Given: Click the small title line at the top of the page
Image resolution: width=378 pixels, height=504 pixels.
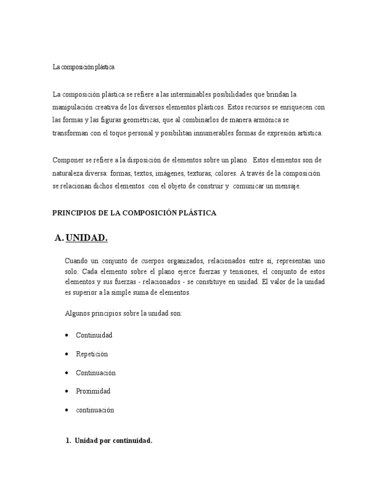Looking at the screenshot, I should pyautogui.click(x=83, y=67).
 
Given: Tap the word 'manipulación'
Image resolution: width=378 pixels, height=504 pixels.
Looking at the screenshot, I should pyautogui.click(x=73, y=107).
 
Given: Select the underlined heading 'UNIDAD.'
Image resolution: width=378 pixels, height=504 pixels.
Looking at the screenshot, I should pyautogui.click(x=87, y=238).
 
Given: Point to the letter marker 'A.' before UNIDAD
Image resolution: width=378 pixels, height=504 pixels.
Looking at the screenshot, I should pyautogui.click(x=60, y=238).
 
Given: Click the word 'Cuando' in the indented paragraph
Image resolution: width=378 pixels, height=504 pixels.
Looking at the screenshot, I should pyautogui.click(x=76, y=260).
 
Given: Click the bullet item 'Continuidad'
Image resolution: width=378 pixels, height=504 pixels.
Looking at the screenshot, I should pyautogui.click(x=94, y=335).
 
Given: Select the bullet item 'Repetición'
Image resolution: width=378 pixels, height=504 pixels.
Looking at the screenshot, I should pyautogui.click(x=92, y=354).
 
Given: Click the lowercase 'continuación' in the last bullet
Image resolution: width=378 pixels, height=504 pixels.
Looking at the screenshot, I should pyautogui.click(x=95, y=410).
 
